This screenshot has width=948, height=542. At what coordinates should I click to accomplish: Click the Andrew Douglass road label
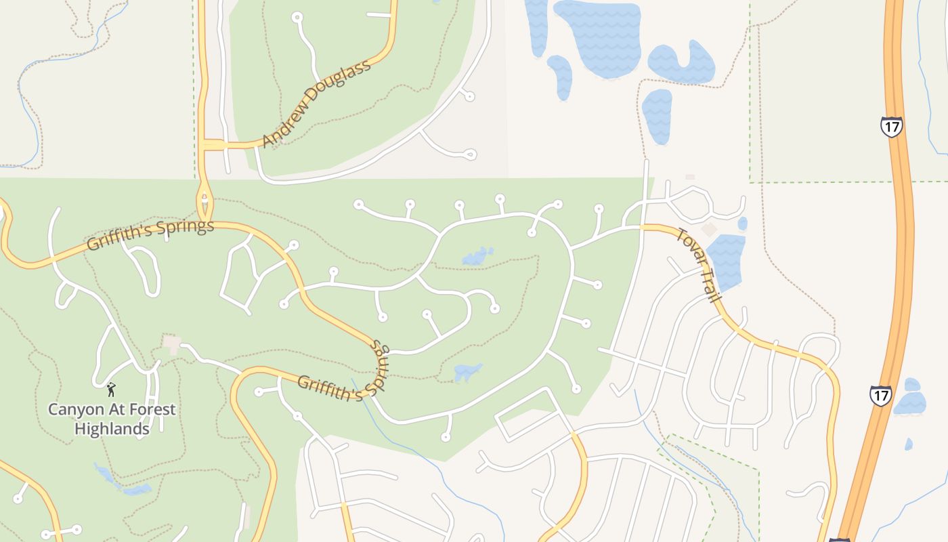coord(317,104)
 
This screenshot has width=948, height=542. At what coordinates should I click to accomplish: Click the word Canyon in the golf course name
coord(75,410)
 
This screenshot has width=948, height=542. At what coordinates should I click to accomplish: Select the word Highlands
coord(112,429)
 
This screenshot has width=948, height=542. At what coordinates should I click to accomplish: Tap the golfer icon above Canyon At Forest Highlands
coord(111,390)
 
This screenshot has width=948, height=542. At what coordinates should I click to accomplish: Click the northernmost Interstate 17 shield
coord(891,127)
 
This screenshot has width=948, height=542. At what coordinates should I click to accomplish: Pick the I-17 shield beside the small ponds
coord(881,396)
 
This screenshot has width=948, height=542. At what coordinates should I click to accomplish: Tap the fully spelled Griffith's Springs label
coord(150,234)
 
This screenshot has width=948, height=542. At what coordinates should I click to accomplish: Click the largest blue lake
coord(599,37)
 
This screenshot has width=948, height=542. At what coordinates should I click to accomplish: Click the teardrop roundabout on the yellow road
coord(204,201)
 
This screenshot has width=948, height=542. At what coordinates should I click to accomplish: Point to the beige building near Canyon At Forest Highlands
coord(172,344)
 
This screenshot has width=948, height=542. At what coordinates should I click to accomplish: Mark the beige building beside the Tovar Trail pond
coord(708,230)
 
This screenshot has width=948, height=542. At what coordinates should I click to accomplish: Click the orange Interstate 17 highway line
coord(901,271)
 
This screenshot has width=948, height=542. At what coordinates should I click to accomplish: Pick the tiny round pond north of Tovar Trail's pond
coord(743,223)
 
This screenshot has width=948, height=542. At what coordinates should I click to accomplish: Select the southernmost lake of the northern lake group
coord(657,115)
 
